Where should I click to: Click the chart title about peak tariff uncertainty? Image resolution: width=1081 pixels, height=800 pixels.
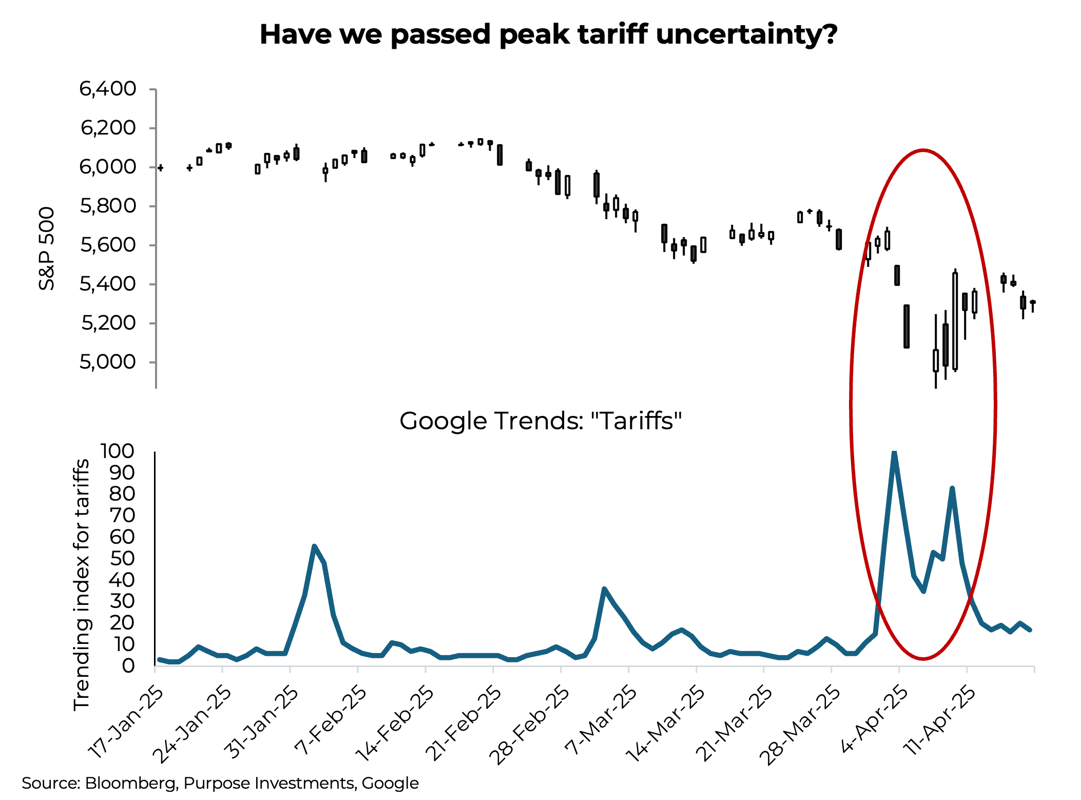[548, 35]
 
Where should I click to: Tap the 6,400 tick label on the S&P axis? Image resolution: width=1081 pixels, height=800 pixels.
[108, 89]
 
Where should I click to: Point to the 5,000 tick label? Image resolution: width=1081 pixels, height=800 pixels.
[108, 362]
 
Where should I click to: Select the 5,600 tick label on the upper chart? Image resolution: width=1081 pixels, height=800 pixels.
[108, 245]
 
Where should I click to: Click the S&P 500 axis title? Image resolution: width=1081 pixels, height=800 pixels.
[47, 249]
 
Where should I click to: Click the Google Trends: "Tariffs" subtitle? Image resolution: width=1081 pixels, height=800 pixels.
[540, 421]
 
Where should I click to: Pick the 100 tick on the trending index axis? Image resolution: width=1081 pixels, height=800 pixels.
[118, 451]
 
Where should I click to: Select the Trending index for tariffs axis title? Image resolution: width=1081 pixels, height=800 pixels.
[82, 585]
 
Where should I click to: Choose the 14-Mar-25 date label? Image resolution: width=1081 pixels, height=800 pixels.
[666, 724]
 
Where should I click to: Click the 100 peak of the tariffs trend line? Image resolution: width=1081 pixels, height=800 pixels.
[894, 453]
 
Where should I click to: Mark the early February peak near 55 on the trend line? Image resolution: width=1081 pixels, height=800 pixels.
[314, 546]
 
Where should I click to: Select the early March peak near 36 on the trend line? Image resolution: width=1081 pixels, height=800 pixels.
[604, 589]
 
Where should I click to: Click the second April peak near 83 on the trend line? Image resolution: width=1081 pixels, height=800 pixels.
[952, 488]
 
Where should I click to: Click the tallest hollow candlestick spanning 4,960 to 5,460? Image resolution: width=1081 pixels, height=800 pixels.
[955, 321]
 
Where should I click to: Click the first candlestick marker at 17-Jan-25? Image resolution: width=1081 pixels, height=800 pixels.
[161, 168]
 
